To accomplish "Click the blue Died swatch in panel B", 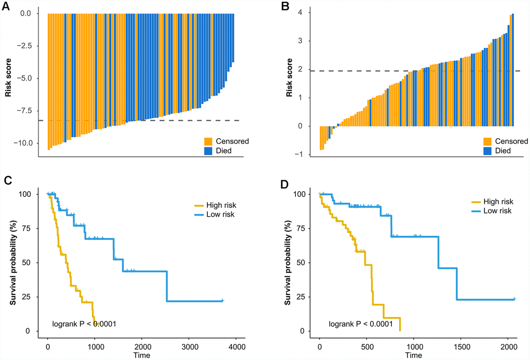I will tap(488, 151).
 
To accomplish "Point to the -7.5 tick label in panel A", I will tap(27, 111).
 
